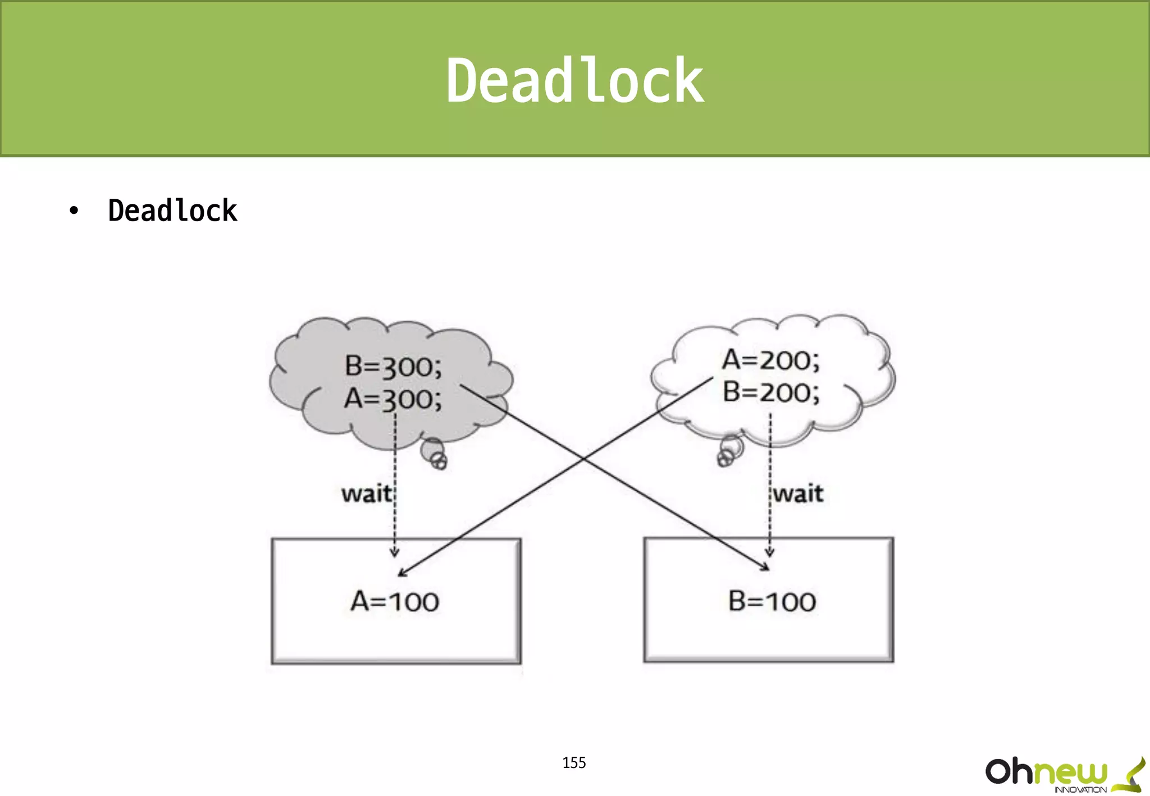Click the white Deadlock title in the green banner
[x=574, y=81]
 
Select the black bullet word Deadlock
[x=172, y=211]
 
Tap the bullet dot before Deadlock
[x=74, y=211]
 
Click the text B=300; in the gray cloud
[x=393, y=367]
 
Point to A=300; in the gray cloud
[x=393, y=399]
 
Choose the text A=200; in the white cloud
[x=770, y=360]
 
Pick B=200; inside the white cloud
[x=770, y=392]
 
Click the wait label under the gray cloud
[x=366, y=494]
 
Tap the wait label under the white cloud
[x=798, y=494]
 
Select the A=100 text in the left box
[x=395, y=602]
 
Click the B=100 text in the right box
[x=772, y=602]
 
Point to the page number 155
[x=574, y=762]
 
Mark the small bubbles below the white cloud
[x=729, y=451]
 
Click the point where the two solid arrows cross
[x=584, y=459]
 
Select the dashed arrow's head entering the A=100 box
[x=395, y=553]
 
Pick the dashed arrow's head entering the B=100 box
[x=770, y=552]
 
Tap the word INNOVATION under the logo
[x=1080, y=790]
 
